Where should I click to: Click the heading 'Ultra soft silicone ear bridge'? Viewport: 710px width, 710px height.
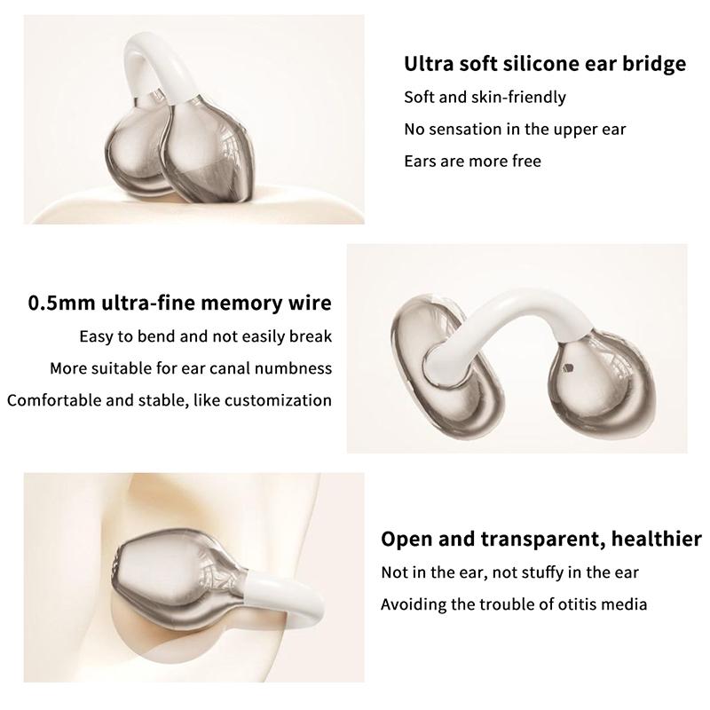coord(545,64)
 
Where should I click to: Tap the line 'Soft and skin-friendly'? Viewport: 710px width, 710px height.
coord(485,98)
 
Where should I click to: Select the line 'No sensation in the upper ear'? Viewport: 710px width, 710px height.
coord(515,130)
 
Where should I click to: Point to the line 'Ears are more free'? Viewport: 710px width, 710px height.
coord(473,162)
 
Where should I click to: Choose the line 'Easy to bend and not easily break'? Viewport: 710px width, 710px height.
coord(206,336)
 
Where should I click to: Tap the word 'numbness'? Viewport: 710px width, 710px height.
coord(294,368)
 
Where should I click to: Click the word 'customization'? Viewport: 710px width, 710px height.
coord(278,400)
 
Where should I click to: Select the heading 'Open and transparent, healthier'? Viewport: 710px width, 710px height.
coord(541,540)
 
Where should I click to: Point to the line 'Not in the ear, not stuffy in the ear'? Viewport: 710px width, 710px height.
coord(509,572)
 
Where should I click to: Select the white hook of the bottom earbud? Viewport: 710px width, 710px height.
coord(290,593)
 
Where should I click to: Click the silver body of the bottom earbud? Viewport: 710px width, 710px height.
coord(177,584)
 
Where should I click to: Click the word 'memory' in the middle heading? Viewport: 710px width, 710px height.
coord(241,304)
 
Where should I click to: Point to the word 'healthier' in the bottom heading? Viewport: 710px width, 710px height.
coord(657,540)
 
